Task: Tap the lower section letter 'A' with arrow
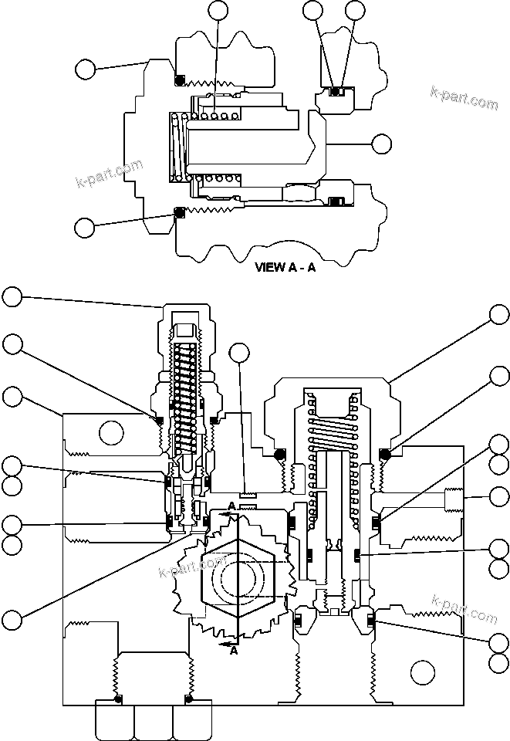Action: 232,651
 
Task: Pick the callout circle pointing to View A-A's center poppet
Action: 382,144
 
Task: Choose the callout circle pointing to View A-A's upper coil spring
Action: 218,10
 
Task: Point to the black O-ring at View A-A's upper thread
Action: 179,80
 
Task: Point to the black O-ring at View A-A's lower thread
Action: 179,212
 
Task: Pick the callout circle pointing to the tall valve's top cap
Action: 12,296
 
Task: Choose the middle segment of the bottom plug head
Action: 152,721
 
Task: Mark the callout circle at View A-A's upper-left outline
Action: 86,69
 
